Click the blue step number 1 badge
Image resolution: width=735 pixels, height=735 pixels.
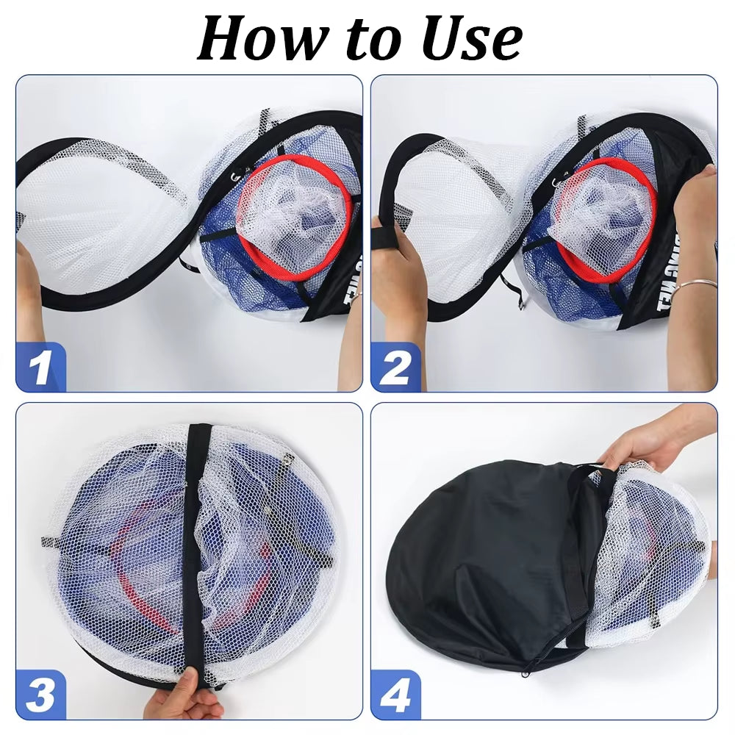(41, 367)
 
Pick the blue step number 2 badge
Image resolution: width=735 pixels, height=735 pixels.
(395, 367)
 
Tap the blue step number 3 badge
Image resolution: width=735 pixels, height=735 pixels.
(41, 695)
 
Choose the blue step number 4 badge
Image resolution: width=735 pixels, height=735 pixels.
(395, 695)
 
